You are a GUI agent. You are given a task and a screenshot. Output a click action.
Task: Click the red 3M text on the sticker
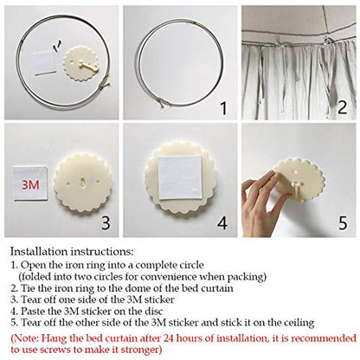click(30, 184)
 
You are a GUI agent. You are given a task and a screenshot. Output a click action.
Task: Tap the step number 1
click(223, 108)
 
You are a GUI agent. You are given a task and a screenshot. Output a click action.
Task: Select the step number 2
click(342, 107)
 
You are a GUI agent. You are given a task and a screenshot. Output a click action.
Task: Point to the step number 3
click(106, 222)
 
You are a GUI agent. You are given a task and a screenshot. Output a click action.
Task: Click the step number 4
click(222, 223)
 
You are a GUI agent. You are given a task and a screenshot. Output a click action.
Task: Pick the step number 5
click(343, 223)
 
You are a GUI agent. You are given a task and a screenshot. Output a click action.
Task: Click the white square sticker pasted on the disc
click(180, 177)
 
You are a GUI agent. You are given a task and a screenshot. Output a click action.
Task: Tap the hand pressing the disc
click(262, 203)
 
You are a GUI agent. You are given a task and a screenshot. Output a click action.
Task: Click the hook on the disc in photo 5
click(296, 187)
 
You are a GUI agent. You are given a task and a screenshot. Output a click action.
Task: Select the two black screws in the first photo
click(57, 46)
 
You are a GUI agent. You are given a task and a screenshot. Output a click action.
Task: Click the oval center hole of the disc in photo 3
click(83, 182)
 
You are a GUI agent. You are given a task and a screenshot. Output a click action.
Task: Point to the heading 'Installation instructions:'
click(72, 252)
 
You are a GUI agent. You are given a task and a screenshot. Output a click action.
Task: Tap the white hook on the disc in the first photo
click(86, 66)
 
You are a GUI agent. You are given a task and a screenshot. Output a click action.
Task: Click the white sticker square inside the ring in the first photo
click(44, 63)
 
